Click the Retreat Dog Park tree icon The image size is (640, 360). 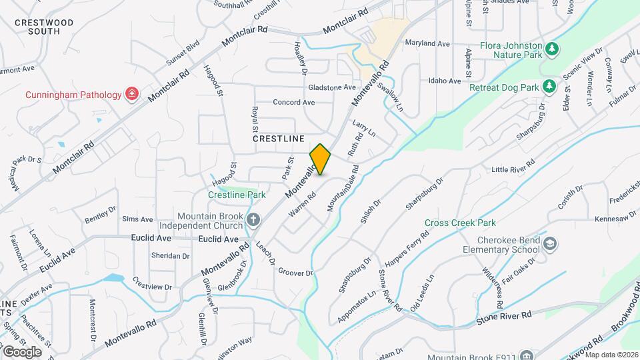point(549,86)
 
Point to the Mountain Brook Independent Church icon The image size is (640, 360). point(253,219)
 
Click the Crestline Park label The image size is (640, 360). point(237,195)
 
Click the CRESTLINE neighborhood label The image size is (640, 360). point(278,139)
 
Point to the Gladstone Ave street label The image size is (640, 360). point(331,87)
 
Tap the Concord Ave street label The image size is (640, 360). point(293,103)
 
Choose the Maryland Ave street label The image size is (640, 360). point(427,43)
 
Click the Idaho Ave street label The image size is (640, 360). point(445,81)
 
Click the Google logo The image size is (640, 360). point(22,351)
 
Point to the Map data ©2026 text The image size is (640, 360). point(611,355)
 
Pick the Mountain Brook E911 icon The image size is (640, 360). point(527,355)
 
